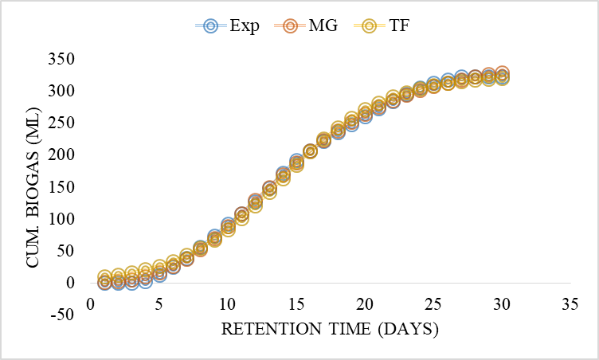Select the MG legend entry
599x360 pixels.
click(x=307, y=25)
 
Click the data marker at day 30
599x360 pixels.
click(x=502, y=76)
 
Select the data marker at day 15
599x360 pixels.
click(x=296, y=162)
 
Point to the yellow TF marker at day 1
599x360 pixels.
click(x=104, y=277)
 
